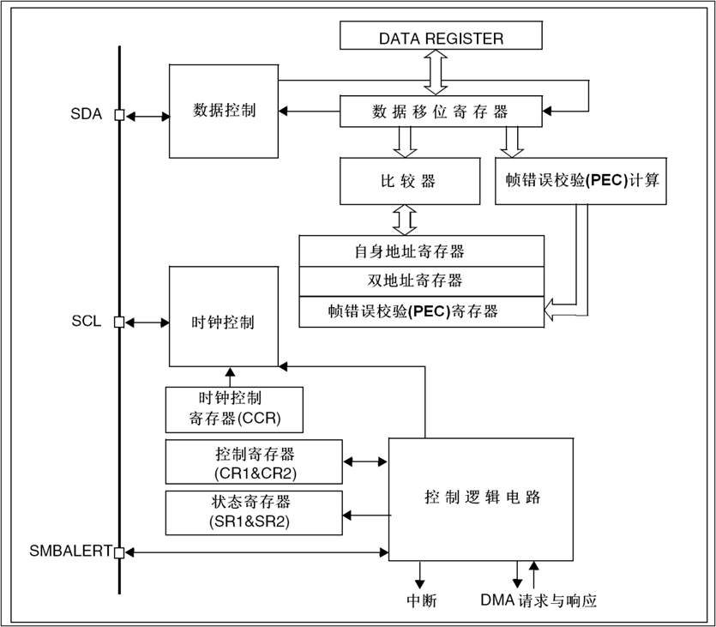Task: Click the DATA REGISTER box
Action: point(441,38)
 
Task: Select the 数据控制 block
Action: point(224,111)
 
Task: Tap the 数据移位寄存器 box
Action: point(441,111)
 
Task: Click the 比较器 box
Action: point(409,181)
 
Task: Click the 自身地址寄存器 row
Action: point(422,251)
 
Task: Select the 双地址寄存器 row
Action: point(422,280)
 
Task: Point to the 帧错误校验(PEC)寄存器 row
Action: point(422,310)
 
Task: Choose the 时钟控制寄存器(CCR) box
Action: point(235,409)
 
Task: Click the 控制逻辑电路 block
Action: point(482,498)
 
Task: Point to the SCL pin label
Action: point(86,323)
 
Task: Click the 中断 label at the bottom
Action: point(420,600)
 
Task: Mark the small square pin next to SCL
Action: point(119,323)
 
